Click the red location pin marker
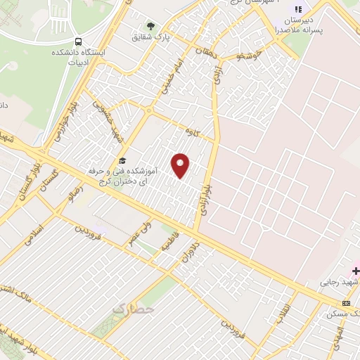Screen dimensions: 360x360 181,165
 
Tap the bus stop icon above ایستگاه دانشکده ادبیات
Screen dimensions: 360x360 78,41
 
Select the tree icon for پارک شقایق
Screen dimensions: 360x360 150,26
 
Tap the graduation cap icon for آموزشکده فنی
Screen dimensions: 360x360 122,161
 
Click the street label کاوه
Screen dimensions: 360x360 192,131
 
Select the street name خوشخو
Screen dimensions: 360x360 250,53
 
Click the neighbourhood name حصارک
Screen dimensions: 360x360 131,307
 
